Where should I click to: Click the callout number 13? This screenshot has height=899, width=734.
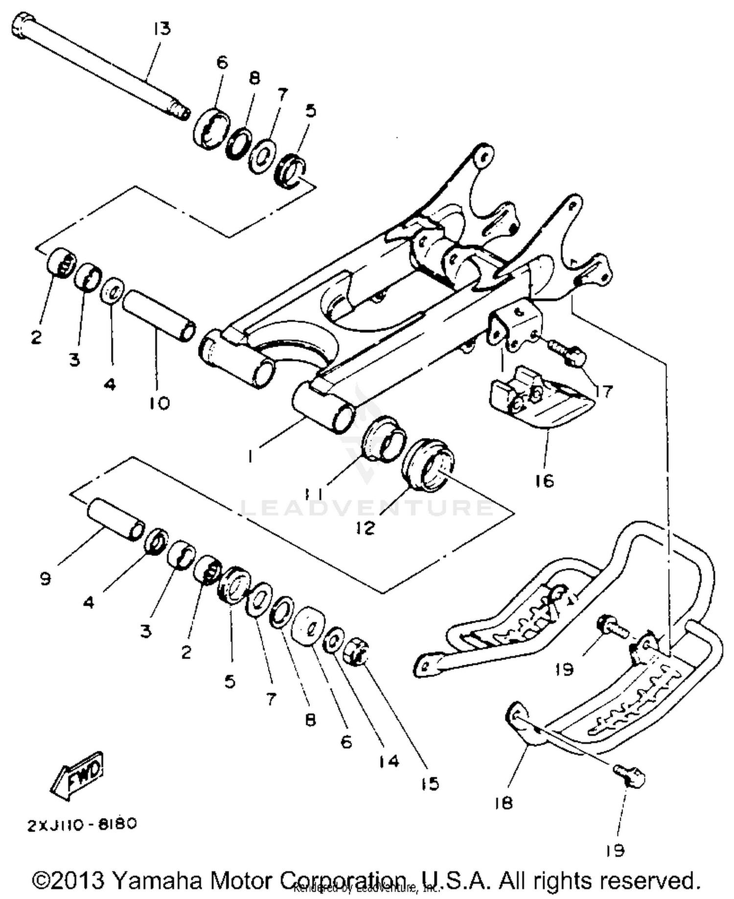161,29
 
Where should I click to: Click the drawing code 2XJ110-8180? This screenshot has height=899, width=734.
82,824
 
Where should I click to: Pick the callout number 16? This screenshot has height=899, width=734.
545,481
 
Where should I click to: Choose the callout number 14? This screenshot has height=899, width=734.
389,761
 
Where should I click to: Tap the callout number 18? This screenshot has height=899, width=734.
503,803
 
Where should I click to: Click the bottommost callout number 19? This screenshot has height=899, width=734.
615,851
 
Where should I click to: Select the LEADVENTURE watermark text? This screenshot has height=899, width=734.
367,507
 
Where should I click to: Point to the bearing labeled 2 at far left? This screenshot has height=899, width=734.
61,263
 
